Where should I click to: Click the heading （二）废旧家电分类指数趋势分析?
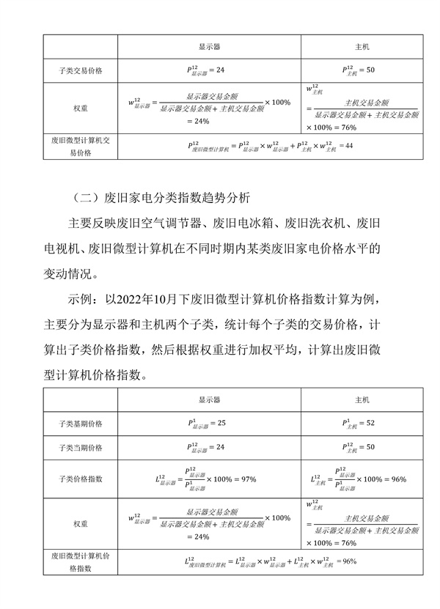(x=161, y=197)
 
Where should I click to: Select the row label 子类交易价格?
(x=80, y=70)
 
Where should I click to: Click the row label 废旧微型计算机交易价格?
(x=80, y=146)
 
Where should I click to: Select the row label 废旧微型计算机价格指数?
(x=80, y=561)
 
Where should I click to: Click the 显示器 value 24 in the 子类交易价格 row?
(x=210, y=70)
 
